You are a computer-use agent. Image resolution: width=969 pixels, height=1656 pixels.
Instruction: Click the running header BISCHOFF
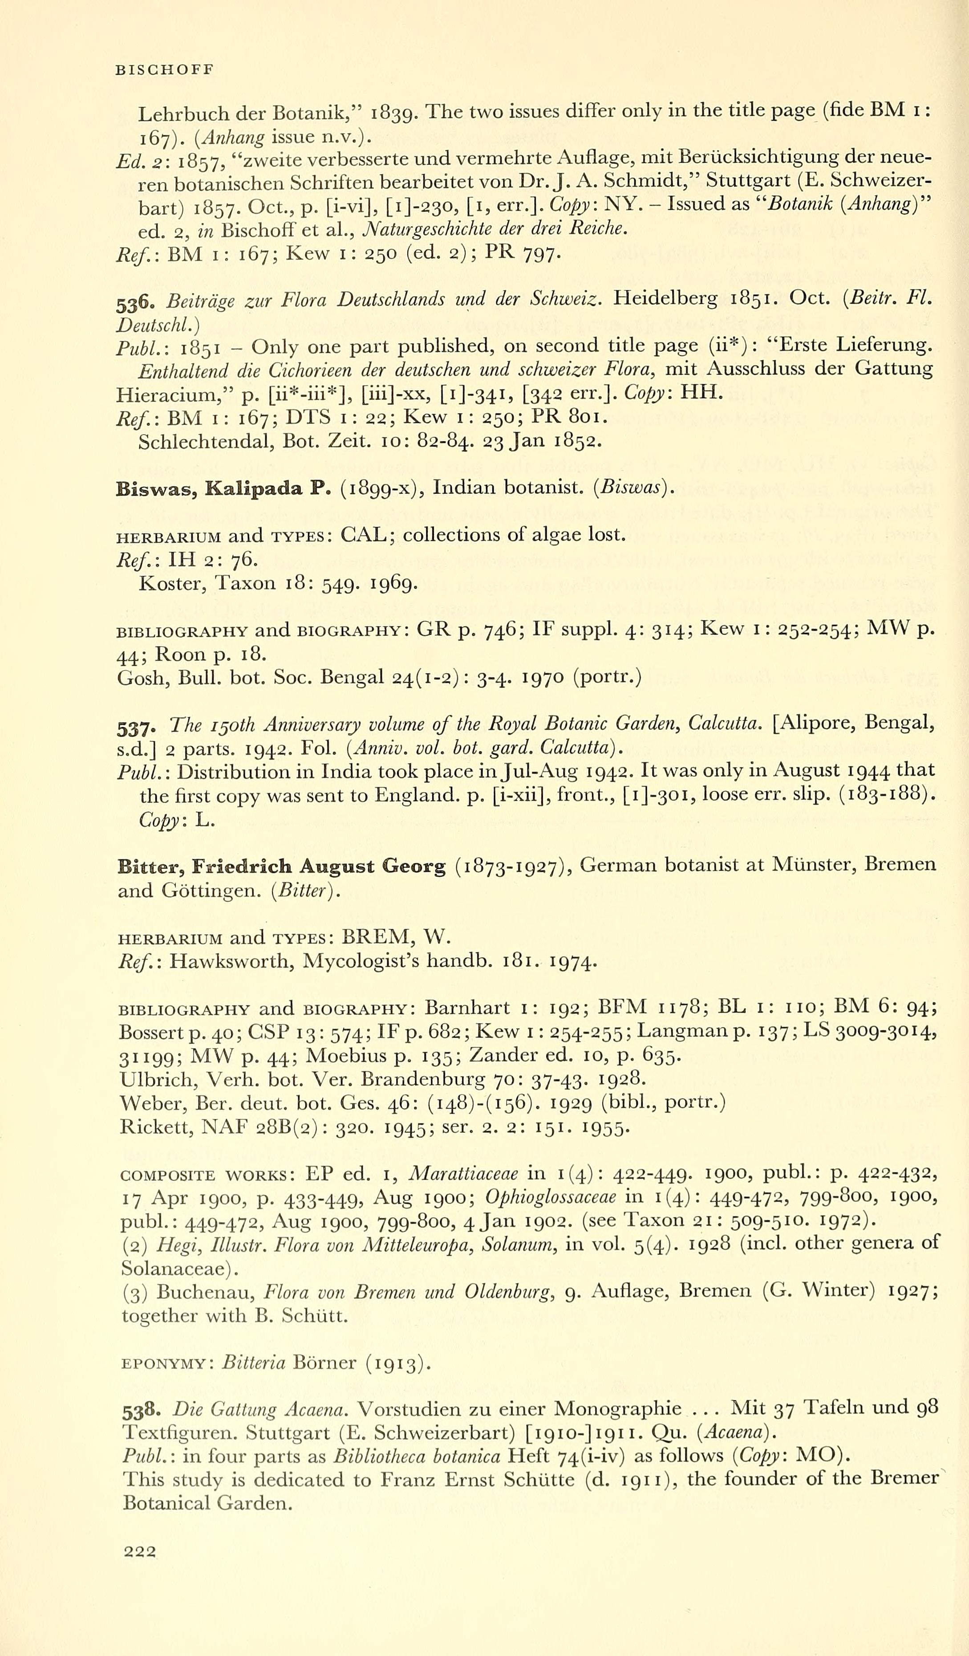pyautogui.click(x=164, y=70)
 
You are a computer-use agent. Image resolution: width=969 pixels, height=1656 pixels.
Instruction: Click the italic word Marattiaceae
pyautogui.click(x=463, y=1173)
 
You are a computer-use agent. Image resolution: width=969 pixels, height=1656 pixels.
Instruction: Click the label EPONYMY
pyautogui.click(x=165, y=1364)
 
